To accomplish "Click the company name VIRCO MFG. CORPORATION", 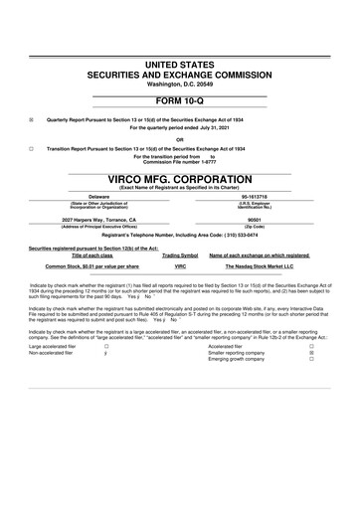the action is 180,182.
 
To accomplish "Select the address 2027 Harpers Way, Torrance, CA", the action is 98,219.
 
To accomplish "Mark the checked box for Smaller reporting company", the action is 311,352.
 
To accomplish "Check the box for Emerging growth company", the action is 311,360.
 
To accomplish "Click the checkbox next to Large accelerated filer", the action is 106,345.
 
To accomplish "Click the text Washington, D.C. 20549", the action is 180,85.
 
